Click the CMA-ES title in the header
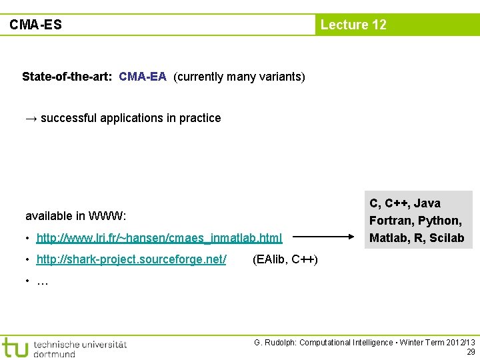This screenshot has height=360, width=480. click(35, 25)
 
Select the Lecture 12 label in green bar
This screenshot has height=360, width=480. click(353, 25)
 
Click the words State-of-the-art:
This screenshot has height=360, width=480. click(67, 77)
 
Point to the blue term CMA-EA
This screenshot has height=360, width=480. click(143, 77)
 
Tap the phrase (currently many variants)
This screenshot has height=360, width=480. click(239, 77)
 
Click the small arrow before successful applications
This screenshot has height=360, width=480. click(31, 118)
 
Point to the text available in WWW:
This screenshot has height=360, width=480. click(76, 216)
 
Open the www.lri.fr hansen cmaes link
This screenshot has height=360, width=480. click(159, 237)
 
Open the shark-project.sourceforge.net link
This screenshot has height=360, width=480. click(131, 259)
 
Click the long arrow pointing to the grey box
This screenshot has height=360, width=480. click(325, 237)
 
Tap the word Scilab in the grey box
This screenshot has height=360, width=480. click(447, 238)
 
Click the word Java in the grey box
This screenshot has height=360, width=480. click(427, 203)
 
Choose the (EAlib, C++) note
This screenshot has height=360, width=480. click(285, 259)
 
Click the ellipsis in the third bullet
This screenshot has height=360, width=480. click(43, 281)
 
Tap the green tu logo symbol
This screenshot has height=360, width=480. click(15, 347)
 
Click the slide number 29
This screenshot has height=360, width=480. click(471, 352)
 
